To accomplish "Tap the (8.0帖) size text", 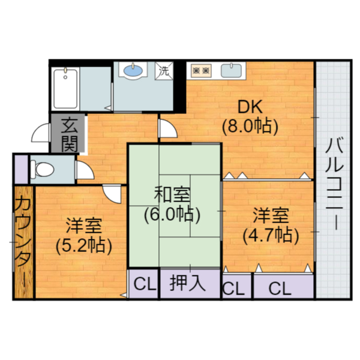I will [248, 127].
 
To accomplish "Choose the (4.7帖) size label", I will [270, 234].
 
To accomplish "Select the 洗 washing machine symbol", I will [163, 70].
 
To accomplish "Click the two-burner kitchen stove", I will [200, 71].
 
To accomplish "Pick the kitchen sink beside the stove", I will [233, 71].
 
